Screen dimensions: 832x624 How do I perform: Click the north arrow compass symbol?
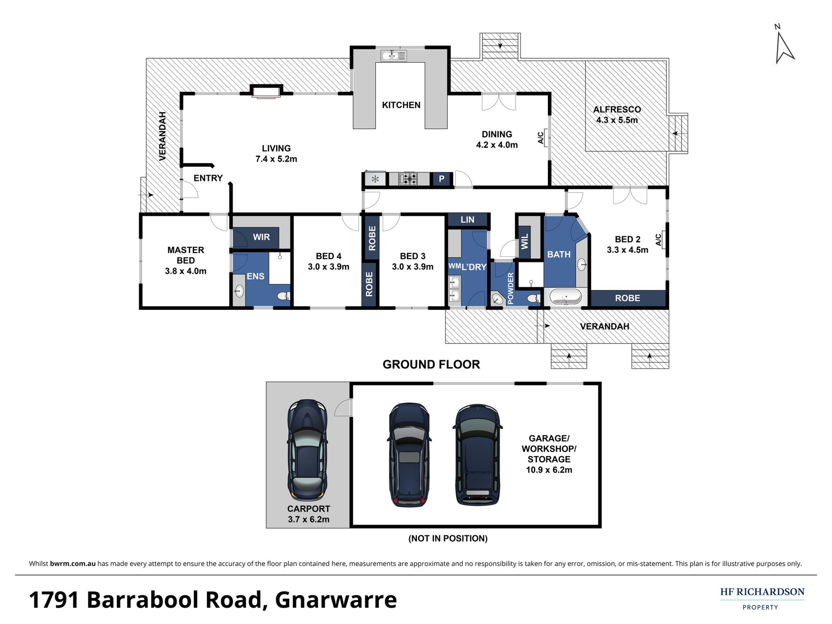(x=784, y=47)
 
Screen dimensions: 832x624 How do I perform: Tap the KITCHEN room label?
(x=401, y=105)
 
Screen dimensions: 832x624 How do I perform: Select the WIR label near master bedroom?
(x=261, y=237)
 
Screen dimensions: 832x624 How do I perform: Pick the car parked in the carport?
(x=307, y=450)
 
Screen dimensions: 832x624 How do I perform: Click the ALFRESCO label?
(x=617, y=110)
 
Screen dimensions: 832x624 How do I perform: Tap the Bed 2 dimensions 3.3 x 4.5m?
(x=627, y=250)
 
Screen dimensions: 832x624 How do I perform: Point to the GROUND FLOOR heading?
(x=431, y=365)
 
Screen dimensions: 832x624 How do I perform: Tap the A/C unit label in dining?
(x=541, y=138)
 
